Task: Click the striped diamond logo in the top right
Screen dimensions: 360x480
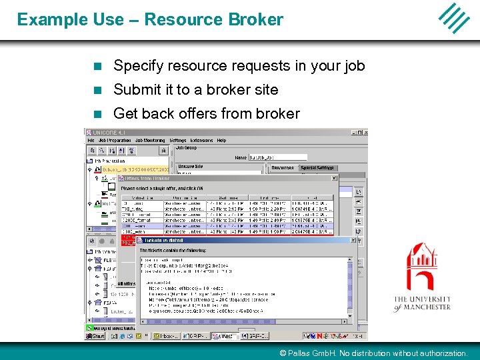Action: point(453,18)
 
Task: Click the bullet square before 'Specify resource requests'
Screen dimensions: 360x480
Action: point(97,66)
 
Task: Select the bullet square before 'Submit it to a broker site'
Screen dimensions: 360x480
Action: point(97,90)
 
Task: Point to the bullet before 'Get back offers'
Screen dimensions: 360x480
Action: point(97,114)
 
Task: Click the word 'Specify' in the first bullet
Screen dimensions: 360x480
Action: point(137,66)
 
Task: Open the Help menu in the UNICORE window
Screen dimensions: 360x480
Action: point(221,141)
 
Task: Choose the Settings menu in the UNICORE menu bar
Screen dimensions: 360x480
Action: point(178,141)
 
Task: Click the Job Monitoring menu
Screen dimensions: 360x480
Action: point(151,141)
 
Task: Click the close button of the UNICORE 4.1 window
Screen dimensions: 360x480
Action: point(363,133)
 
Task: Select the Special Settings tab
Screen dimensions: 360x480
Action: point(317,168)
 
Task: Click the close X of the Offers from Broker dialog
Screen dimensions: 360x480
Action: point(335,178)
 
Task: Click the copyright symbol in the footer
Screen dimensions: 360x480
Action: point(283,353)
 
